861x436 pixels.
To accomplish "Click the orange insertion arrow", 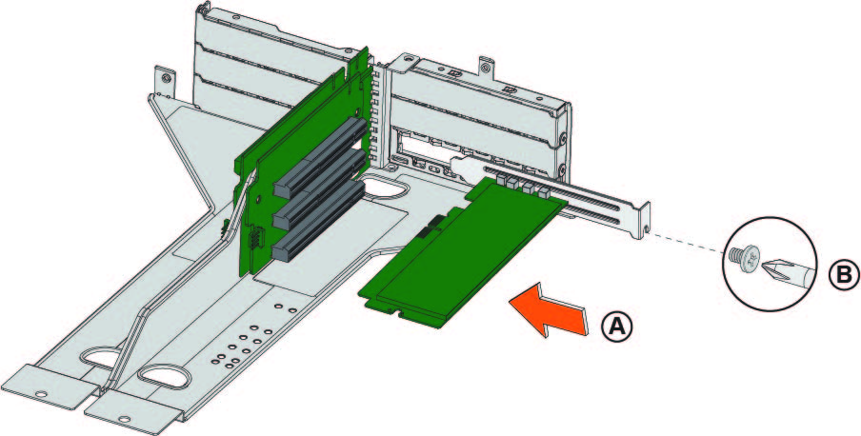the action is [x=550, y=310].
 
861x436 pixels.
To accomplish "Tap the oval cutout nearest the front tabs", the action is [x=164, y=377].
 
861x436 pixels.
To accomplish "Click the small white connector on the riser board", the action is [x=255, y=240].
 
